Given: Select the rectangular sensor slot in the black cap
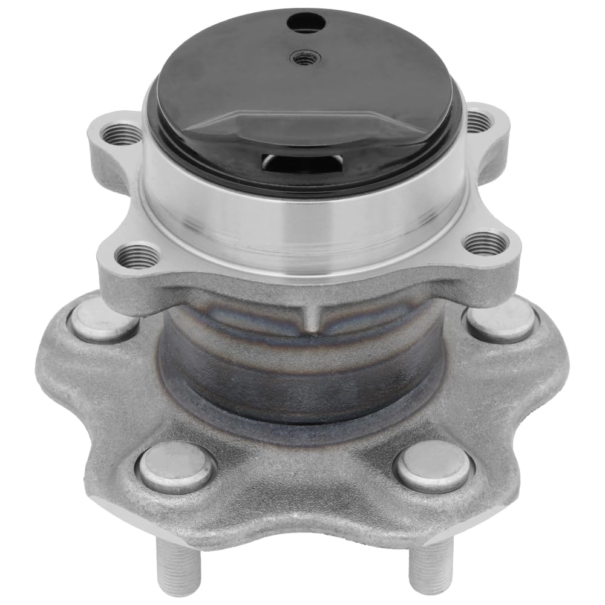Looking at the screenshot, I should coord(301,162).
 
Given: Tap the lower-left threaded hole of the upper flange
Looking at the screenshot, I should coord(138,256).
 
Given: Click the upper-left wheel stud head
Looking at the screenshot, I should coord(103,319).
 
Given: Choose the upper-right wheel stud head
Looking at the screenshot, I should coord(502,321).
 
